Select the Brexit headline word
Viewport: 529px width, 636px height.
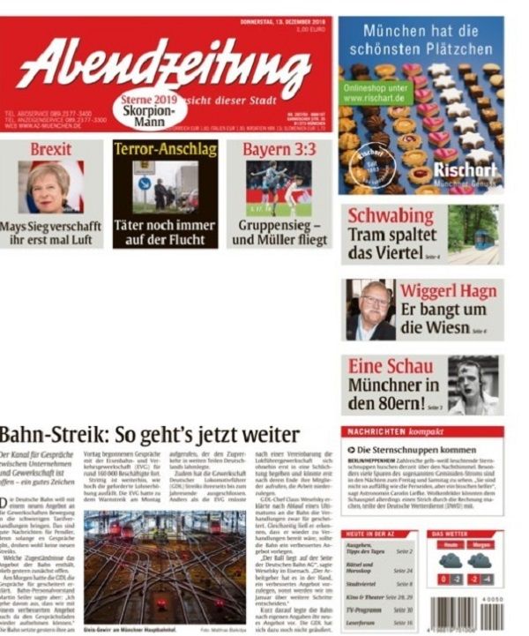[x=50, y=149]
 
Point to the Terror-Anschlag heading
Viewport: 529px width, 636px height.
[x=165, y=149]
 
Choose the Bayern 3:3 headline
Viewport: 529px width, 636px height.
[x=279, y=149]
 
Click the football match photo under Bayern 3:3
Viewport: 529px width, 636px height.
[x=279, y=187]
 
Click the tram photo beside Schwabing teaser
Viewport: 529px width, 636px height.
[x=473, y=233]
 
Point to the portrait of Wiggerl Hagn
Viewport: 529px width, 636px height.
[x=369, y=310]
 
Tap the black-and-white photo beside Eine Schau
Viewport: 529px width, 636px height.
[x=473, y=385]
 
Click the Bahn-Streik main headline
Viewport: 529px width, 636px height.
[x=150, y=435]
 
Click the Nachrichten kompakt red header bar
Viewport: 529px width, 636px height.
[x=421, y=432]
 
